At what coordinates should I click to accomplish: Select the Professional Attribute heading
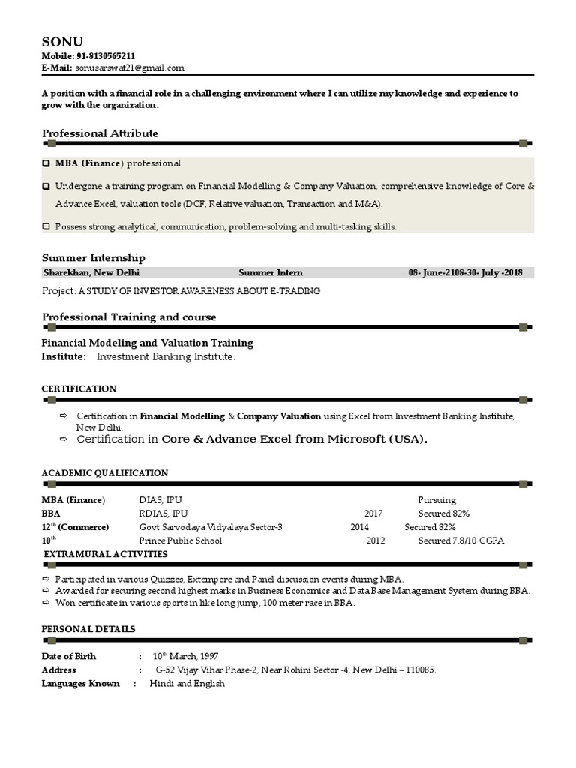tap(100, 133)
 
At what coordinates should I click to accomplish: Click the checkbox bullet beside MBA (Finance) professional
tap(46, 163)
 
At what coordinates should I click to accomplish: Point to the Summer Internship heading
tap(94, 257)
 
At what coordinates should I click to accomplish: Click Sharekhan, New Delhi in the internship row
tap(91, 273)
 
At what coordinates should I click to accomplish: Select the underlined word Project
tap(58, 291)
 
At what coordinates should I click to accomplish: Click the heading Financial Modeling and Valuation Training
tap(148, 343)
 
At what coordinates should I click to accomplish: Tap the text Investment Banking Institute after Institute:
tap(166, 357)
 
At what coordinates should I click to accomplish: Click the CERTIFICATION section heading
tap(79, 388)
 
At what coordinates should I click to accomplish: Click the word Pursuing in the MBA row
tap(436, 500)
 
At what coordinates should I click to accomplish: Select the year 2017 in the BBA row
tap(373, 514)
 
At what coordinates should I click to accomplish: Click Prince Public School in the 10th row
tap(180, 541)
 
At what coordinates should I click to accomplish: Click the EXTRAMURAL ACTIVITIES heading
tap(106, 554)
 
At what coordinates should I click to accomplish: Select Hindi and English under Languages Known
tap(187, 684)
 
